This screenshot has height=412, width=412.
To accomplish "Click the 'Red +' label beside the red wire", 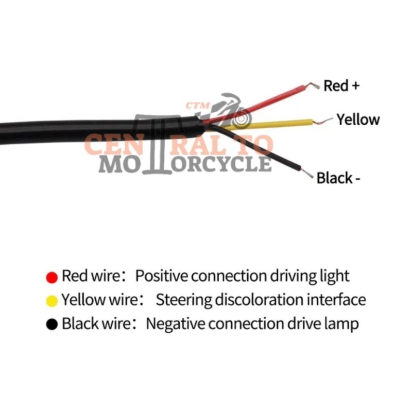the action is point(341,85).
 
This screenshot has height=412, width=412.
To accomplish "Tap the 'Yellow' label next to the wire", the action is point(358,119).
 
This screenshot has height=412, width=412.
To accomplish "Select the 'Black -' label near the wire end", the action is point(338,178).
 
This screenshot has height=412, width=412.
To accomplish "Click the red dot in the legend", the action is point(51,277).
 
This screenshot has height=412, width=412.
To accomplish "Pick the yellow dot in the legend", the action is point(51,301).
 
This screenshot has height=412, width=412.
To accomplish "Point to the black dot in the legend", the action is point(51,325).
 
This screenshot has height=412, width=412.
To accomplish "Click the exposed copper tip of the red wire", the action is point(313,86).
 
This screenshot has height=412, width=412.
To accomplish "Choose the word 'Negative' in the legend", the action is point(176,324).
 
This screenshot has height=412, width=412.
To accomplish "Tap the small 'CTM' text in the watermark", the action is point(197,106).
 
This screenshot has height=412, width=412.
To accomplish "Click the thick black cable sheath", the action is point(77,130).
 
